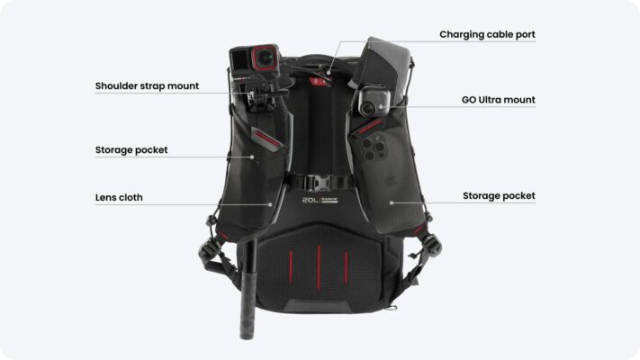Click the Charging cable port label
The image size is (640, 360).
click(x=487, y=35)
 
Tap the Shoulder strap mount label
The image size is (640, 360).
click(x=147, y=86)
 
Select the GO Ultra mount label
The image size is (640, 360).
click(x=498, y=100)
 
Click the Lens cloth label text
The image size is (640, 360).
click(x=119, y=198)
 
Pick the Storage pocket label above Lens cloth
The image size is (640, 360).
click(x=131, y=150)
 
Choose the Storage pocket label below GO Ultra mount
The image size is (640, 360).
click(x=499, y=196)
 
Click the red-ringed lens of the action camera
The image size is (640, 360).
click(x=265, y=58)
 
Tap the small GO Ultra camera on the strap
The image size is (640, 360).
click(x=373, y=102)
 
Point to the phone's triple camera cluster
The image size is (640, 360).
click(x=373, y=148)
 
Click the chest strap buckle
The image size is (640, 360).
click(x=320, y=182)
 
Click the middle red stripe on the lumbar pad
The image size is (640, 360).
click(x=319, y=267)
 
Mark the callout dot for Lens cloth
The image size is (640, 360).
click(x=270, y=204)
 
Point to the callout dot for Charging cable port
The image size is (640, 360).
click(x=329, y=73)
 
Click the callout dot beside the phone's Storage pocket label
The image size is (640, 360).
click(x=392, y=202)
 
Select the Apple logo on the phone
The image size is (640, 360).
click(x=390, y=180)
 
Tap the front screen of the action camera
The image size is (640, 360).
click(x=240, y=61)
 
